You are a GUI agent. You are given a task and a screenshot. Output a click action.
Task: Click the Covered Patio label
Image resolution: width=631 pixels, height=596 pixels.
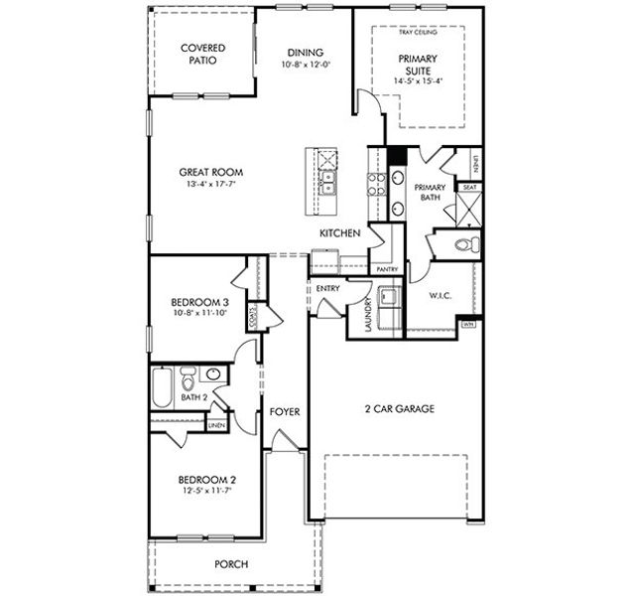pyautogui.click(x=202, y=54)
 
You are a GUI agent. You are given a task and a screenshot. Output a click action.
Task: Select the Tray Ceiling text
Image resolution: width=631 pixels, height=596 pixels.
pyautogui.click(x=417, y=33)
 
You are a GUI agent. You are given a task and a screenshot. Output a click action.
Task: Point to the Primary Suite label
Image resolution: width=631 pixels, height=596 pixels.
pyautogui.click(x=418, y=64)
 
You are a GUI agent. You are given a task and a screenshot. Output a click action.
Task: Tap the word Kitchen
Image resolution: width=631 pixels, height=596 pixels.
pyautogui.click(x=338, y=232)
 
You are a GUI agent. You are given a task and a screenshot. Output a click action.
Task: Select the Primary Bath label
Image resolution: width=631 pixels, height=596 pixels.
pyautogui.click(x=429, y=192)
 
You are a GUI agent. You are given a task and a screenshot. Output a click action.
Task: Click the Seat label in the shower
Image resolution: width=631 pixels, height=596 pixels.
pyautogui.click(x=468, y=187)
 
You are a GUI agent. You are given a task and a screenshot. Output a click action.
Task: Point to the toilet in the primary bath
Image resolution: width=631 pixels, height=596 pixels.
pyautogui.click(x=463, y=244)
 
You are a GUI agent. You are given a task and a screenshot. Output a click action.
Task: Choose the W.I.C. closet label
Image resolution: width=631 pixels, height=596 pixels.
pyautogui.click(x=441, y=294)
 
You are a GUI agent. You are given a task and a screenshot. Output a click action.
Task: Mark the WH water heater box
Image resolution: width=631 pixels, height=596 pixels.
pyautogui.click(x=468, y=324)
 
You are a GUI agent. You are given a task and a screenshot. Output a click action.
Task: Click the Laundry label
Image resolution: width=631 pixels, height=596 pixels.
pyautogui.click(x=367, y=316)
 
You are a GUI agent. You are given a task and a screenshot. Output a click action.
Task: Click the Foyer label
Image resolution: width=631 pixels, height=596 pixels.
pyautogui.click(x=285, y=411)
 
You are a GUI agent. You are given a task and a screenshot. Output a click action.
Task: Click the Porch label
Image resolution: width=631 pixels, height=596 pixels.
pyautogui.click(x=231, y=564)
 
